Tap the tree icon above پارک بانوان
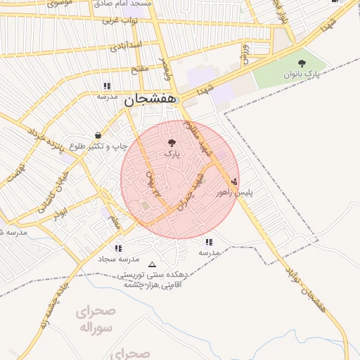[x=302, y=63]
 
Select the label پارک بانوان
[x=302, y=74]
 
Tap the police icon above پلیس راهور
[x=234, y=181]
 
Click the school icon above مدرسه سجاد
[x=118, y=248]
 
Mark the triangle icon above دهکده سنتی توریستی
[x=153, y=265]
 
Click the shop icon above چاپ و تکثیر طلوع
[x=97, y=135]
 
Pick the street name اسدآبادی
[x=127, y=46]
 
